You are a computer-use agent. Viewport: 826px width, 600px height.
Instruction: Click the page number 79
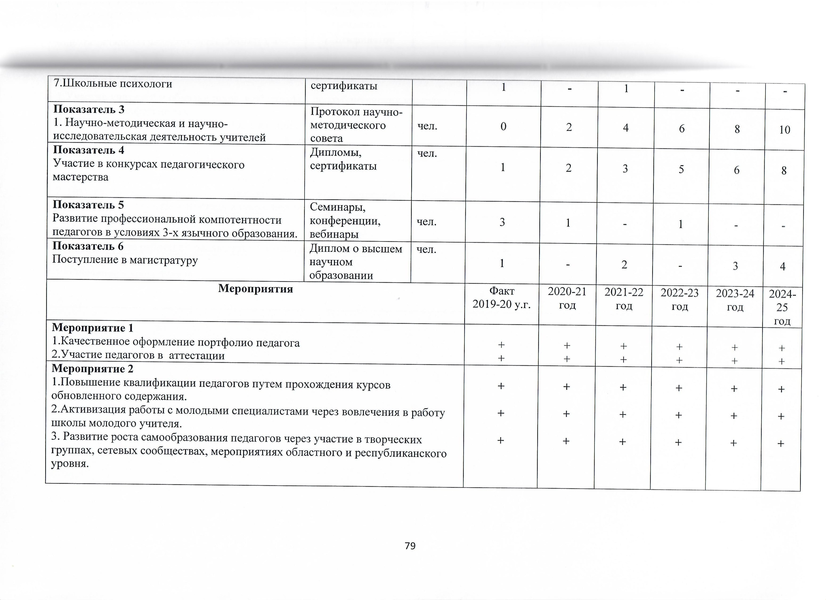click(x=410, y=556)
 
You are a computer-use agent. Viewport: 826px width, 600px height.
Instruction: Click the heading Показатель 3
click(x=89, y=109)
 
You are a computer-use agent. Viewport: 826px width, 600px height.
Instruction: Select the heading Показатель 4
click(x=89, y=150)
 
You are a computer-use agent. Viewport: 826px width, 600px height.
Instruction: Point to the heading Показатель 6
click(x=88, y=246)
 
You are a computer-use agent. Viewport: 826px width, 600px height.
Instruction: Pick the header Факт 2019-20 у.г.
click(x=501, y=298)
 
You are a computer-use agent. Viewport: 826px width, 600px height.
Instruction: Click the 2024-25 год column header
click(x=782, y=308)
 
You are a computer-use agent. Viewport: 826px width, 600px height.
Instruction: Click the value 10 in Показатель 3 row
click(x=785, y=130)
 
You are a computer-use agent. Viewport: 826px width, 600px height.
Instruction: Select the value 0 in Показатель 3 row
click(x=503, y=127)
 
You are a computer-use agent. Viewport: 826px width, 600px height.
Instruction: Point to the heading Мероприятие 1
click(x=93, y=328)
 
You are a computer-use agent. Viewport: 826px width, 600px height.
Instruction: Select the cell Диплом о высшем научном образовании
click(x=355, y=262)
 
